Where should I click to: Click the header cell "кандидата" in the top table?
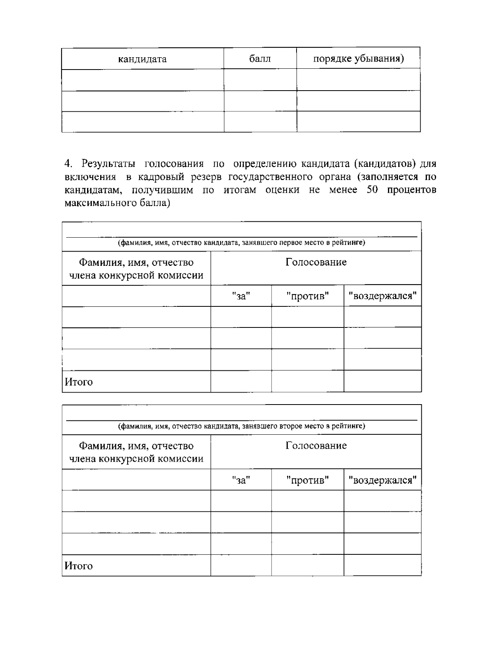[x=142, y=60]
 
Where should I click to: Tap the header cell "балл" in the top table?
[x=260, y=59]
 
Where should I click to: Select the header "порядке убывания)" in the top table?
[x=358, y=59]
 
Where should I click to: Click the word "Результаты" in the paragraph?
[x=108, y=164]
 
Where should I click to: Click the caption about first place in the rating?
[x=241, y=242]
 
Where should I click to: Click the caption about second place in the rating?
[x=241, y=426]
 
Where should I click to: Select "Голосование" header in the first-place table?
[x=316, y=262]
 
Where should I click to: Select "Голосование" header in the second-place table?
[x=316, y=446]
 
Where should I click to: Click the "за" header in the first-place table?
[x=241, y=296]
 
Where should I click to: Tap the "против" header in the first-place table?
[x=307, y=296]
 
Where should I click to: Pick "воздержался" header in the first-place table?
[x=382, y=296]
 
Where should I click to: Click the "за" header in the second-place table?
[x=241, y=480]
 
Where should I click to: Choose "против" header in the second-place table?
[x=307, y=480]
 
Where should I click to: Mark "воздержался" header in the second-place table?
[x=382, y=480]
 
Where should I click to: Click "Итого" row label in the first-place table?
[x=79, y=382]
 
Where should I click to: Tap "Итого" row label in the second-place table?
[x=79, y=566]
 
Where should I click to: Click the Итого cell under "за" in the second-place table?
[x=241, y=565]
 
